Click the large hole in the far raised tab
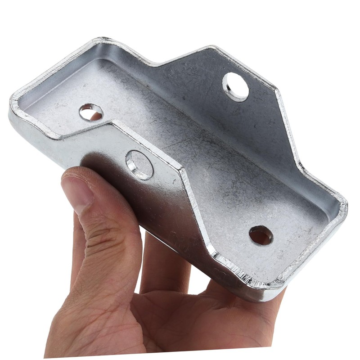[x=235, y=87]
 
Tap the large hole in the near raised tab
[x=139, y=165]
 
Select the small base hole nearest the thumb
[x=91, y=112]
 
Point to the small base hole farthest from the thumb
[x=261, y=235]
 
